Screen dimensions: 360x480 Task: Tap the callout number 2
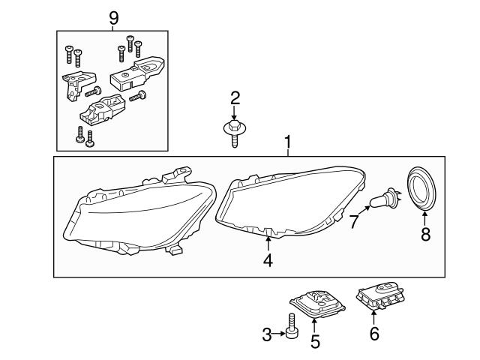pyautogui.click(x=235, y=97)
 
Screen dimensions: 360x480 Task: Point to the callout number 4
pyautogui.click(x=268, y=261)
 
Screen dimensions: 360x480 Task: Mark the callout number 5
pyautogui.click(x=316, y=341)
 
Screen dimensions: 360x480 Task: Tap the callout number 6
pyautogui.click(x=374, y=334)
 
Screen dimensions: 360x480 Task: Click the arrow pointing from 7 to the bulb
pyautogui.click(x=362, y=214)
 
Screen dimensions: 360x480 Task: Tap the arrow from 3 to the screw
pyautogui.click(x=281, y=335)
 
